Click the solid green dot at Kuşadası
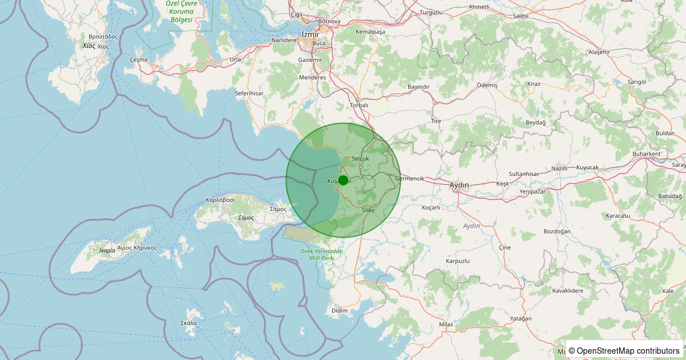tap(343, 181)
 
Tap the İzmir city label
tap(310, 35)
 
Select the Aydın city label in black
tap(459, 185)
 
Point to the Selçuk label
tap(361, 158)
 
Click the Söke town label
tap(368, 211)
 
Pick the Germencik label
tap(410, 179)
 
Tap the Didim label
tap(340, 310)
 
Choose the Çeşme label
tap(139, 59)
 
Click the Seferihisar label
tap(249, 93)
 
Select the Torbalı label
tap(359, 106)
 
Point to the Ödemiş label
tap(487, 85)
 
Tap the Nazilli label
tap(560, 169)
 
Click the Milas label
tap(446, 325)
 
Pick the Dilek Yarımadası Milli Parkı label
tap(321, 255)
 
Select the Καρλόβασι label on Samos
tap(221, 201)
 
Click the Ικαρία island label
tap(106, 250)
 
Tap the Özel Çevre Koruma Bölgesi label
tap(181, 11)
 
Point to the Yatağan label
tap(522, 318)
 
